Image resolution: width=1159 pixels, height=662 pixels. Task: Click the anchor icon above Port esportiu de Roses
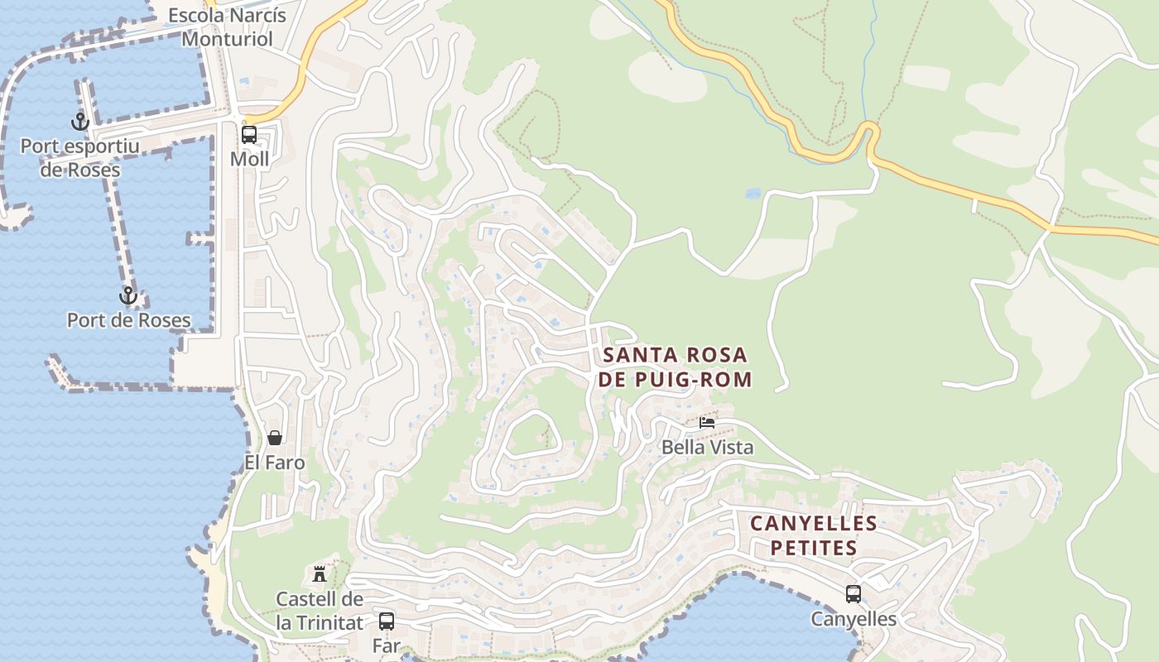(79, 122)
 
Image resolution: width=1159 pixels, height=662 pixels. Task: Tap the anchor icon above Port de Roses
(127, 295)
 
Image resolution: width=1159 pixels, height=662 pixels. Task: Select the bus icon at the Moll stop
(249, 135)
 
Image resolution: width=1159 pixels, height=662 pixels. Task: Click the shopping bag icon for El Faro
(274, 438)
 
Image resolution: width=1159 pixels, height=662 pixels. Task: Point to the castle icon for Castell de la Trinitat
(319, 573)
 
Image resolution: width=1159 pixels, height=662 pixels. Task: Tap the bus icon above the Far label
(387, 621)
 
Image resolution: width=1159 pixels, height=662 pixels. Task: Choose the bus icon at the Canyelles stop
(853, 593)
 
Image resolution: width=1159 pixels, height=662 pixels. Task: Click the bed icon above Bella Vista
(707, 422)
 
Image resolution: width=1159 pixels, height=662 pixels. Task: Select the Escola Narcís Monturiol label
(227, 26)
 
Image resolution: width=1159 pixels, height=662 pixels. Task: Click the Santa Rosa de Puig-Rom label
(676, 367)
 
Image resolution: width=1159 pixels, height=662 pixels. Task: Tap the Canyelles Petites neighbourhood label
(814, 535)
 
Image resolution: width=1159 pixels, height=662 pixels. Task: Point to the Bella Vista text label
(707, 448)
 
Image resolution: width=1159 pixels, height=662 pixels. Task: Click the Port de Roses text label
(128, 320)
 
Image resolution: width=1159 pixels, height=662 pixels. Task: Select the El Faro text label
(274, 463)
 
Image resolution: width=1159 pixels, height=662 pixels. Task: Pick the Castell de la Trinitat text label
(320, 611)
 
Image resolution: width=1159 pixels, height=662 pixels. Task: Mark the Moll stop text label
(249, 159)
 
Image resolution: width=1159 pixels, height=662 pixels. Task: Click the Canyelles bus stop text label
(853, 619)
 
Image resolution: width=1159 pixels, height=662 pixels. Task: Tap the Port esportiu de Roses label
(80, 158)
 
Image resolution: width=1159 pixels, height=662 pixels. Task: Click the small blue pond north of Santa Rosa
(753, 194)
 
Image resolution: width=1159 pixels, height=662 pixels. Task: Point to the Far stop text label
(387, 646)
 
